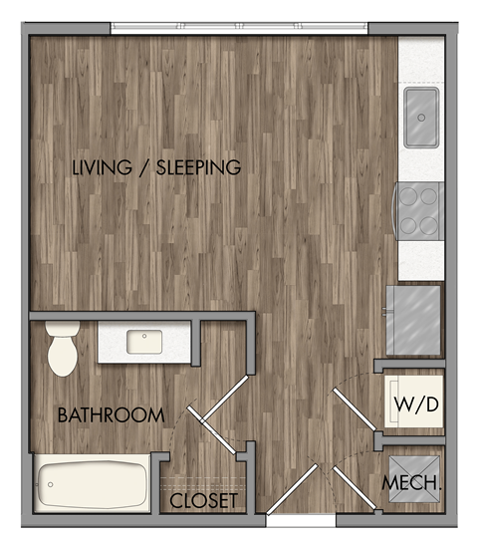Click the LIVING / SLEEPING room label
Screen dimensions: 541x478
click(x=156, y=167)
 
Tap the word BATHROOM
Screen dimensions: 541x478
click(x=110, y=415)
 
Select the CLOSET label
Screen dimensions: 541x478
click(x=204, y=500)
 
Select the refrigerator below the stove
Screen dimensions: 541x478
click(x=414, y=319)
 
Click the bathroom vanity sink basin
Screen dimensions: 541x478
click(x=145, y=342)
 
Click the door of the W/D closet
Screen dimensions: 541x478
click(x=354, y=413)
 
